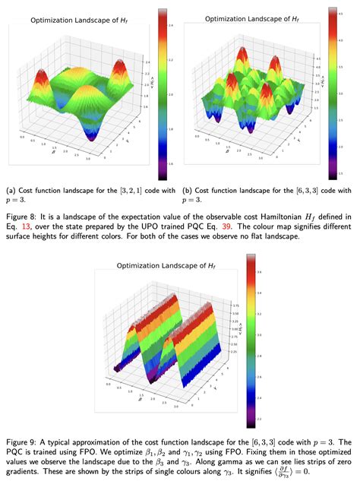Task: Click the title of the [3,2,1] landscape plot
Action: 83,22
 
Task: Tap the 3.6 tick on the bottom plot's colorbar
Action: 259,271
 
